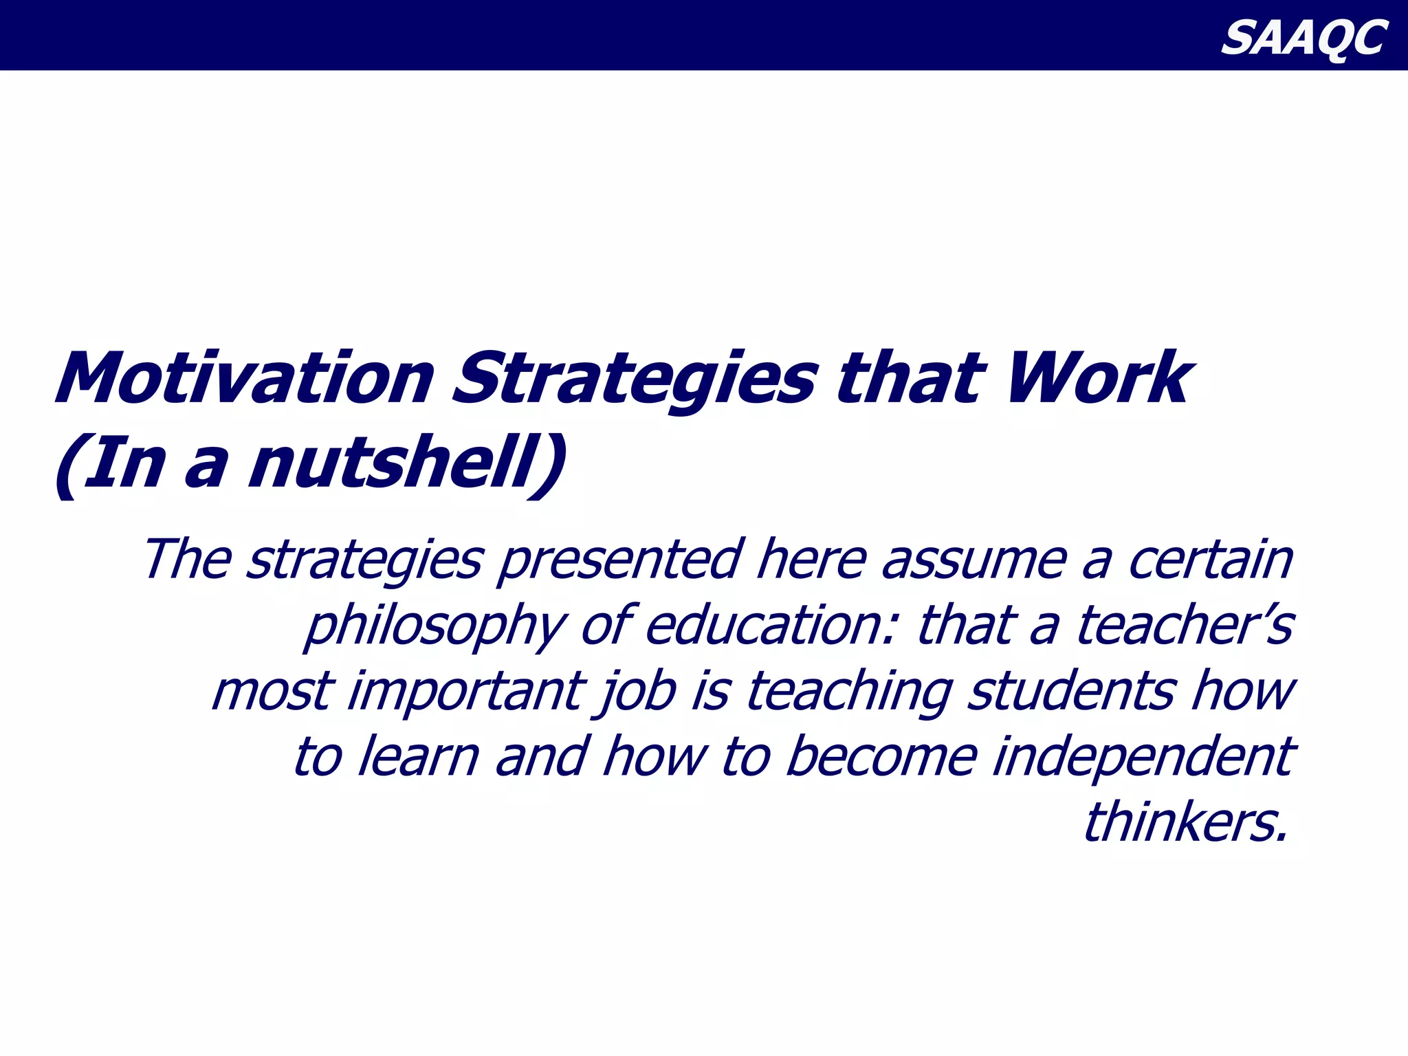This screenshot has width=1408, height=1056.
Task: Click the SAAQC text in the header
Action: [x=1303, y=38]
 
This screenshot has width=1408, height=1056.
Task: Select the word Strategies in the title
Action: [x=634, y=380]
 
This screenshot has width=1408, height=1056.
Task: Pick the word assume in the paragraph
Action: [x=974, y=560]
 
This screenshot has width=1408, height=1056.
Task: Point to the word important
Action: [x=467, y=692]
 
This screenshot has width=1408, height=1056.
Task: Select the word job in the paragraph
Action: [x=637, y=692]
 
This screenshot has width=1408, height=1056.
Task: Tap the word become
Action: [x=881, y=756]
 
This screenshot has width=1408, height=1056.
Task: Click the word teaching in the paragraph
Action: [x=849, y=692]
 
